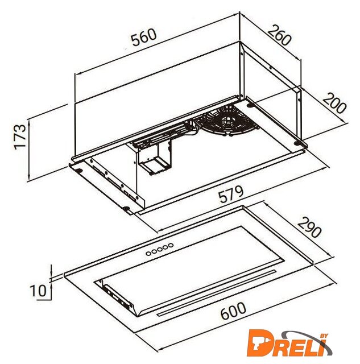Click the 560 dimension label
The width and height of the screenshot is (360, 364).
tap(144, 37)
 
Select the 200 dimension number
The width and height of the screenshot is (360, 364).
tap(334, 103)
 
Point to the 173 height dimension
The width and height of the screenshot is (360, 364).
tap(20, 137)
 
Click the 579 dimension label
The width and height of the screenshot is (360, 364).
tap(231, 194)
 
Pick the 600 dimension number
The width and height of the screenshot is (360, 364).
tap(233, 311)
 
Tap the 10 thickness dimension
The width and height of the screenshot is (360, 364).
tap(38, 291)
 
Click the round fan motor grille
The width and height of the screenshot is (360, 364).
tap(226, 121)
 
